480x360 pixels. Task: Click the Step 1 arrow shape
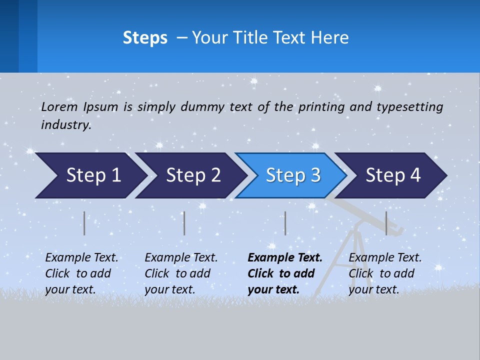(x=90, y=175)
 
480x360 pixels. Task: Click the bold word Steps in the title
(x=145, y=38)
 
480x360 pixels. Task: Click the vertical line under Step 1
(x=84, y=223)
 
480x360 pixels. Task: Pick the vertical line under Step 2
(x=184, y=223)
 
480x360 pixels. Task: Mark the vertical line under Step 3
(x=285, y=223)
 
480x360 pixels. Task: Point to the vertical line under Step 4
(x=386, y=223)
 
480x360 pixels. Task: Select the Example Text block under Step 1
(x=81, y=273)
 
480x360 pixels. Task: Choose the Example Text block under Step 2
(x=181, y=273)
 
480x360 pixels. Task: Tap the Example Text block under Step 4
(x=385, y=273)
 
